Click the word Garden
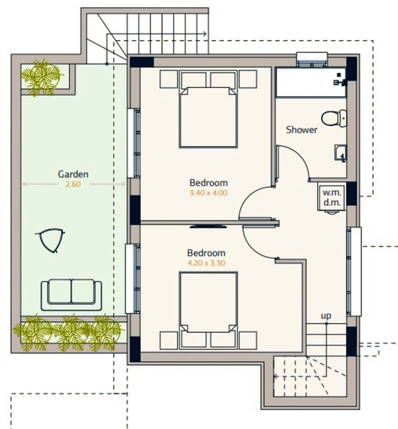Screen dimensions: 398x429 [73, 174]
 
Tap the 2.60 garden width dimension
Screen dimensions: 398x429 [73, 184]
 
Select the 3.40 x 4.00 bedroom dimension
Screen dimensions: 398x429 [208, 193]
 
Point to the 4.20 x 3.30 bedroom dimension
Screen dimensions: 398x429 [206, 263]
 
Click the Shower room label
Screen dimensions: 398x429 [302, 130]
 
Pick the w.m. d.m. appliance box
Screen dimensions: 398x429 [332, 198]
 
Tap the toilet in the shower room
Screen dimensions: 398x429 [334, 118]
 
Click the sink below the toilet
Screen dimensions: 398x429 [341, 152]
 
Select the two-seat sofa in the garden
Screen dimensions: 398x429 [71, 295]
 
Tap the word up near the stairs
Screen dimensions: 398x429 [326, 316]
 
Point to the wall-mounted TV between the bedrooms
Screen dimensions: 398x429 [208, 226]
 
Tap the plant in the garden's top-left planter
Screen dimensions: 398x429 [41, 77]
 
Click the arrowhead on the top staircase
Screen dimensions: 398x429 [204, 34]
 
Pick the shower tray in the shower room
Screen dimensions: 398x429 [311, 82]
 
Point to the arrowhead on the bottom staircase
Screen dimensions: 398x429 [276, 377]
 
